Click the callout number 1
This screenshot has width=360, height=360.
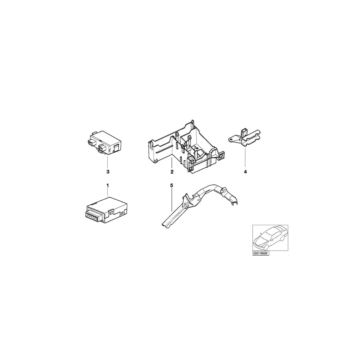pyautogui.click(x=108, y=185)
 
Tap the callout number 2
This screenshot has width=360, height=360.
pyautogui.click(x=172, y=172)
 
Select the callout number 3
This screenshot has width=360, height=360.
pyautogui.click(x=108, y=172)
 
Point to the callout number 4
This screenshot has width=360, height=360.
pyautogui.click(x=245, y=172)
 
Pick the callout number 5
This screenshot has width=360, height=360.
pyautogui.click(x=172, y=185)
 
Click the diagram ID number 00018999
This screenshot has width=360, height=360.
pyautogui.click(x=260, y=253)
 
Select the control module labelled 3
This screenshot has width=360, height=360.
pyautogui.click(x=104, y=142)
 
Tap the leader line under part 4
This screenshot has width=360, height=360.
pyautogui.click(x=245, y=157)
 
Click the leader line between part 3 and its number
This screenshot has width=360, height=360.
pyautogui.click(x=108, y=161)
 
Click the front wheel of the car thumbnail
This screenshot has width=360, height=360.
pyautogui.click(x=266, y=247)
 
